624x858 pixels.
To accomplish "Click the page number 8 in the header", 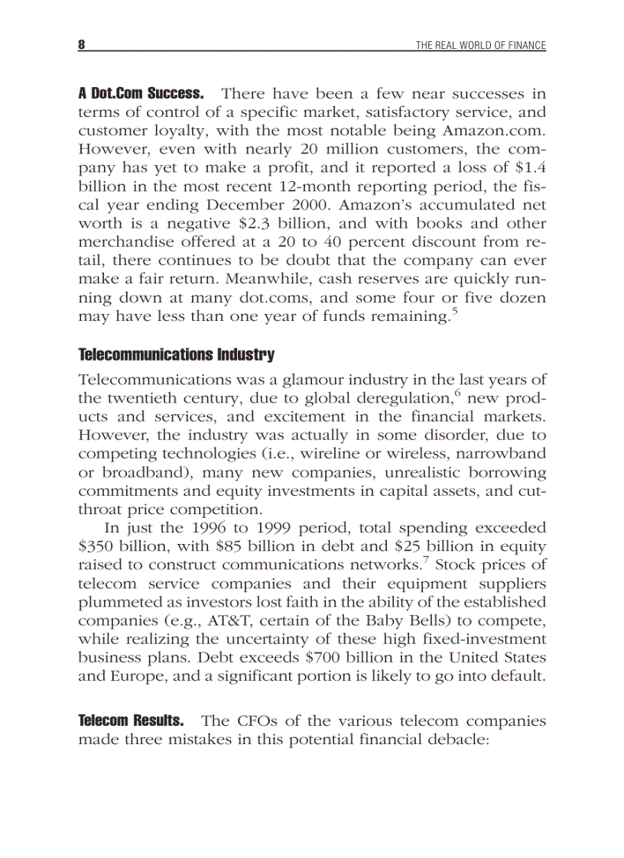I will click(81, 45).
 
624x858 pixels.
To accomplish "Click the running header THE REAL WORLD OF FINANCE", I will click(480, 46).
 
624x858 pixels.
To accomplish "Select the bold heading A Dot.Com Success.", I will click(141, 94).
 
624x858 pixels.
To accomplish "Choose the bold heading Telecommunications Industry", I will click(176, 355).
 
